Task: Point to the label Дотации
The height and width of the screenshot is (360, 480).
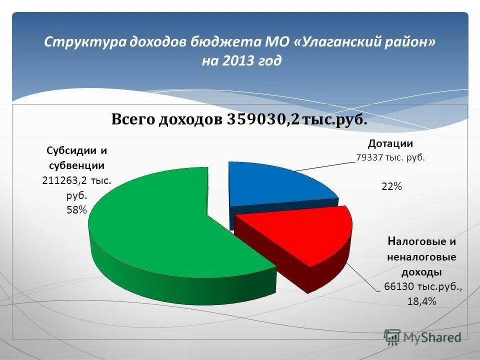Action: (390, 144)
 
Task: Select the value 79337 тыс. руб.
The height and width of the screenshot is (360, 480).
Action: (390, 157)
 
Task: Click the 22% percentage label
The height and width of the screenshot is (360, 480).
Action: (391, 186)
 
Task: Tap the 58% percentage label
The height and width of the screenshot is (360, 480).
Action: (76, 210)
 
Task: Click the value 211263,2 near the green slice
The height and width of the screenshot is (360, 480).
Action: (67, 180)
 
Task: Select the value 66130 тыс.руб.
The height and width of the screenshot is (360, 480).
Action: (423, 286)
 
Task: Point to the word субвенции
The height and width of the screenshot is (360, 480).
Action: (76, 165)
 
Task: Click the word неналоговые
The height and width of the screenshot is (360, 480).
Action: (421, 257)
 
